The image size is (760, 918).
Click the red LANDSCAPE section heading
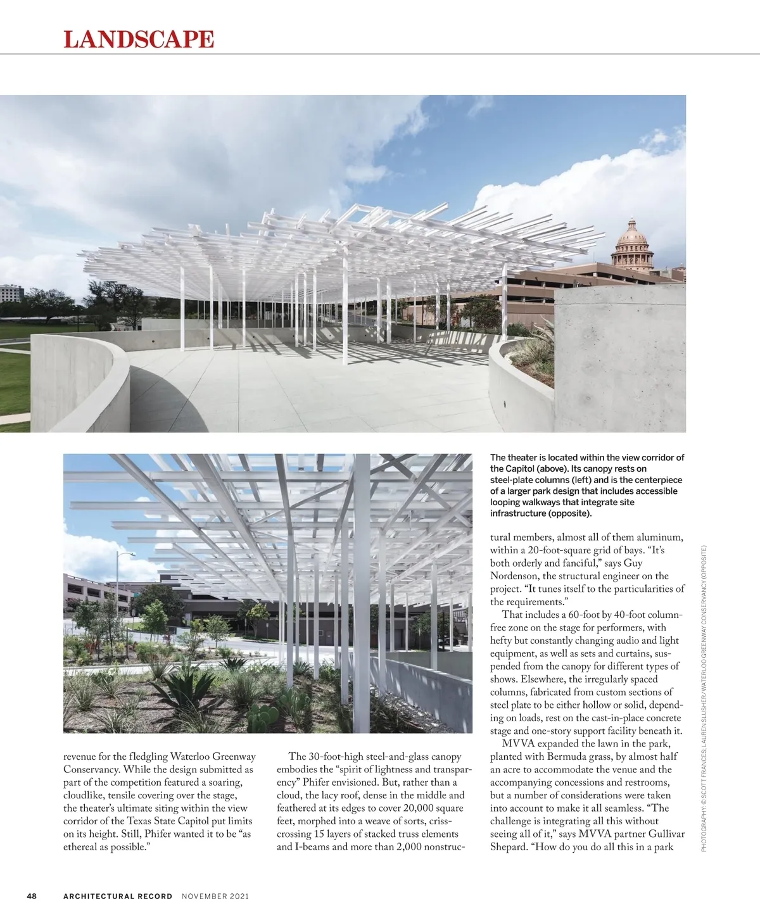pyautogui.click(x=139, y=39)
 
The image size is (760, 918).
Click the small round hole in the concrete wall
pyautogui.click(x=505, y=404)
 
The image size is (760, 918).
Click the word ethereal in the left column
pyautogui.click(x=80, y=846)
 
